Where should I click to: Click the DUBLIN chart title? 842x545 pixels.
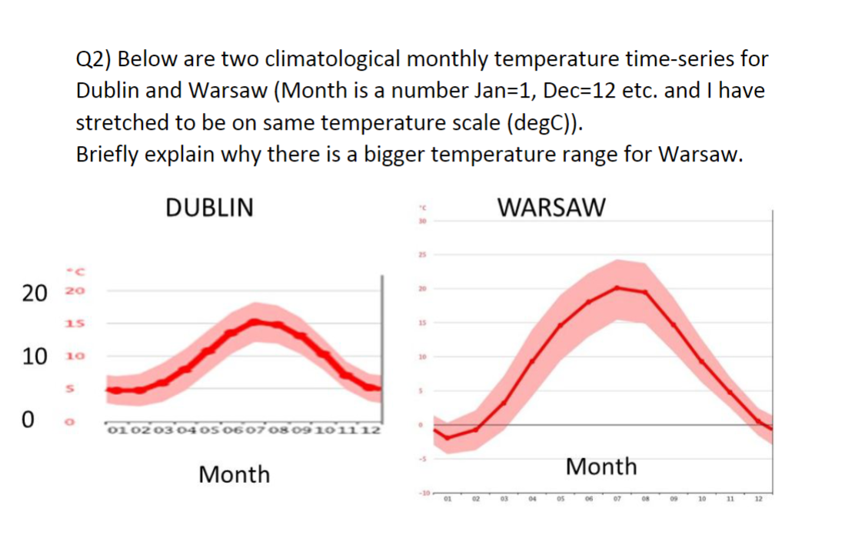pyautogui.click(x=209, y=208)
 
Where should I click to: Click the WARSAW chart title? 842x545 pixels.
pyautogui.click(x=551, y=208)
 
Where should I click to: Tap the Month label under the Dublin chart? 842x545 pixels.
pyautogui.click(x=234, y=474)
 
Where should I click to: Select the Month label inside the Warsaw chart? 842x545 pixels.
pyautogui.click(x=601, y=466)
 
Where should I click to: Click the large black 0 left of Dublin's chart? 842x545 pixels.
pyautogui.click(x=28, y=420)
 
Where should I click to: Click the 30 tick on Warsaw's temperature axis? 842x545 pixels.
pyautogui.click(x=421, y=221)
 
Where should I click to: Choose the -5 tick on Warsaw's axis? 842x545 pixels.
pyautogui.click(x=421, y=459)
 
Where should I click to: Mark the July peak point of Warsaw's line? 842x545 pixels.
pyautogui.click(x=617, y=287)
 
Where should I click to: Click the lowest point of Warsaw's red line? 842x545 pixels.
pyautogui.click(x=447, y=438)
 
